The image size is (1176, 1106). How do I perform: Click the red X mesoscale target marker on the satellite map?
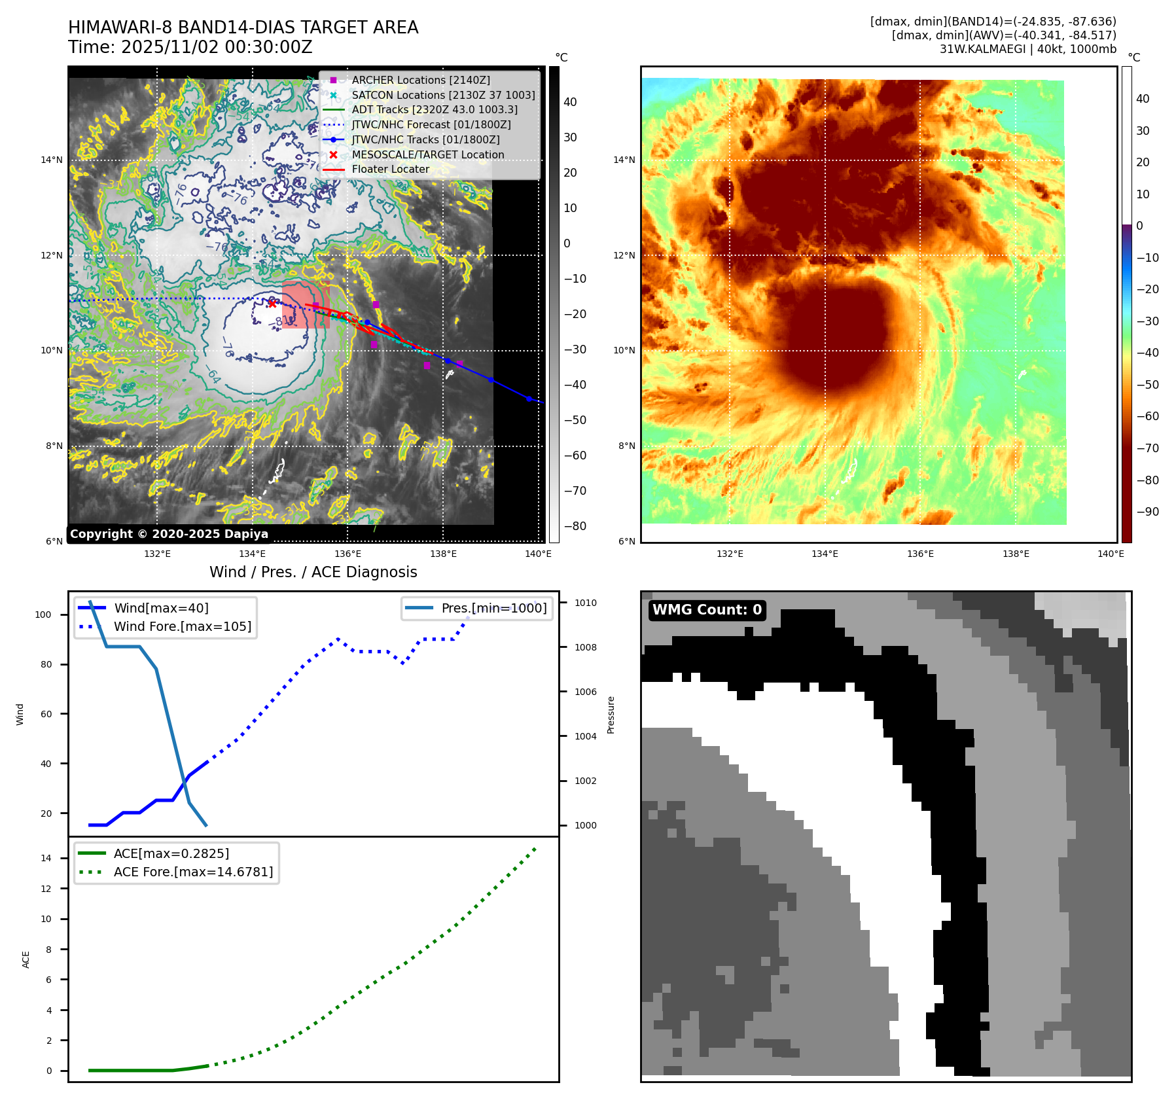click(x=272, y=303)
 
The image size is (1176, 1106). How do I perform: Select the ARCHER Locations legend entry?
click(x=420, y=80)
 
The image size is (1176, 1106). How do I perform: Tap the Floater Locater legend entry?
click(x=390, y=169)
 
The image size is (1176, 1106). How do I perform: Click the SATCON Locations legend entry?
click(x=443, y=95)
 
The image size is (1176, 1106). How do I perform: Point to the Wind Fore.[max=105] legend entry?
click(x=182, y=626)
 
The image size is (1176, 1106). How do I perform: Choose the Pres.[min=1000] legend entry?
click(x=493, y=608)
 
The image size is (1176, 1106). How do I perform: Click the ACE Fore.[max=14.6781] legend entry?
click(x=193, y=872)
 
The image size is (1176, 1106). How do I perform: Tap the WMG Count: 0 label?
click(x=707, y=610)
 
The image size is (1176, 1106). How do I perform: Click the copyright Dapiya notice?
click(x=169, y=534)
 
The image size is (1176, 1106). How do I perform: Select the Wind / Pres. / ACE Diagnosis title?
click(x=313, y=572)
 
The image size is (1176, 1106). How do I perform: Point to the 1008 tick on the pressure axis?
click(x=586, y=647)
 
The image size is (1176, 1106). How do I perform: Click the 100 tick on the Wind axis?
click(x=43, y=615)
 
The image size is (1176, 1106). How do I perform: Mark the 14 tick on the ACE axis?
click(x=46, y=858)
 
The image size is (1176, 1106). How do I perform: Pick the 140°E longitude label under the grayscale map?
click(x=538, y=554)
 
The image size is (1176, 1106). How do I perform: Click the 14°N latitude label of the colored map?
click(x=624, y=160)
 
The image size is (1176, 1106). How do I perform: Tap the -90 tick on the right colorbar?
click(x=1147, y=512)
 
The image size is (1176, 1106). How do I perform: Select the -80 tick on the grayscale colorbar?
click(x=575, y=526)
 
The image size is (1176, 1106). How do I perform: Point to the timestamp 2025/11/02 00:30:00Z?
click(x=217, y=47)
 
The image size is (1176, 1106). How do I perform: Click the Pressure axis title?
click(x=611, y=715)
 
